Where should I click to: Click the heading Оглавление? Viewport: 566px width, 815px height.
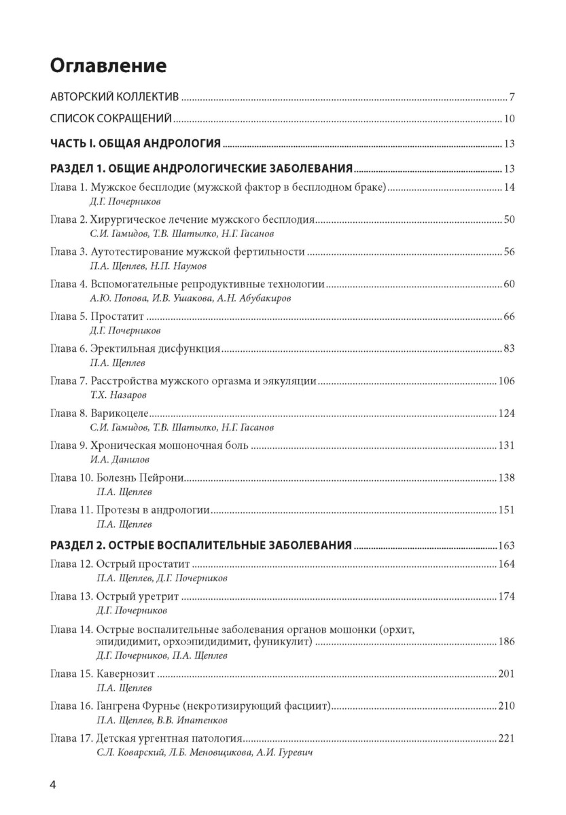tap(108, 66)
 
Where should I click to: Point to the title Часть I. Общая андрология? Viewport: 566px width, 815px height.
tap(136, 143)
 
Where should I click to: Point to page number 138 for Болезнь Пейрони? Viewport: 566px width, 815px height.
tap(507, 477)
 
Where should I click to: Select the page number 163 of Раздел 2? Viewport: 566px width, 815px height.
tap(507, 545)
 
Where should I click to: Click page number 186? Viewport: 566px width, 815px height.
tap(507, 641)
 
